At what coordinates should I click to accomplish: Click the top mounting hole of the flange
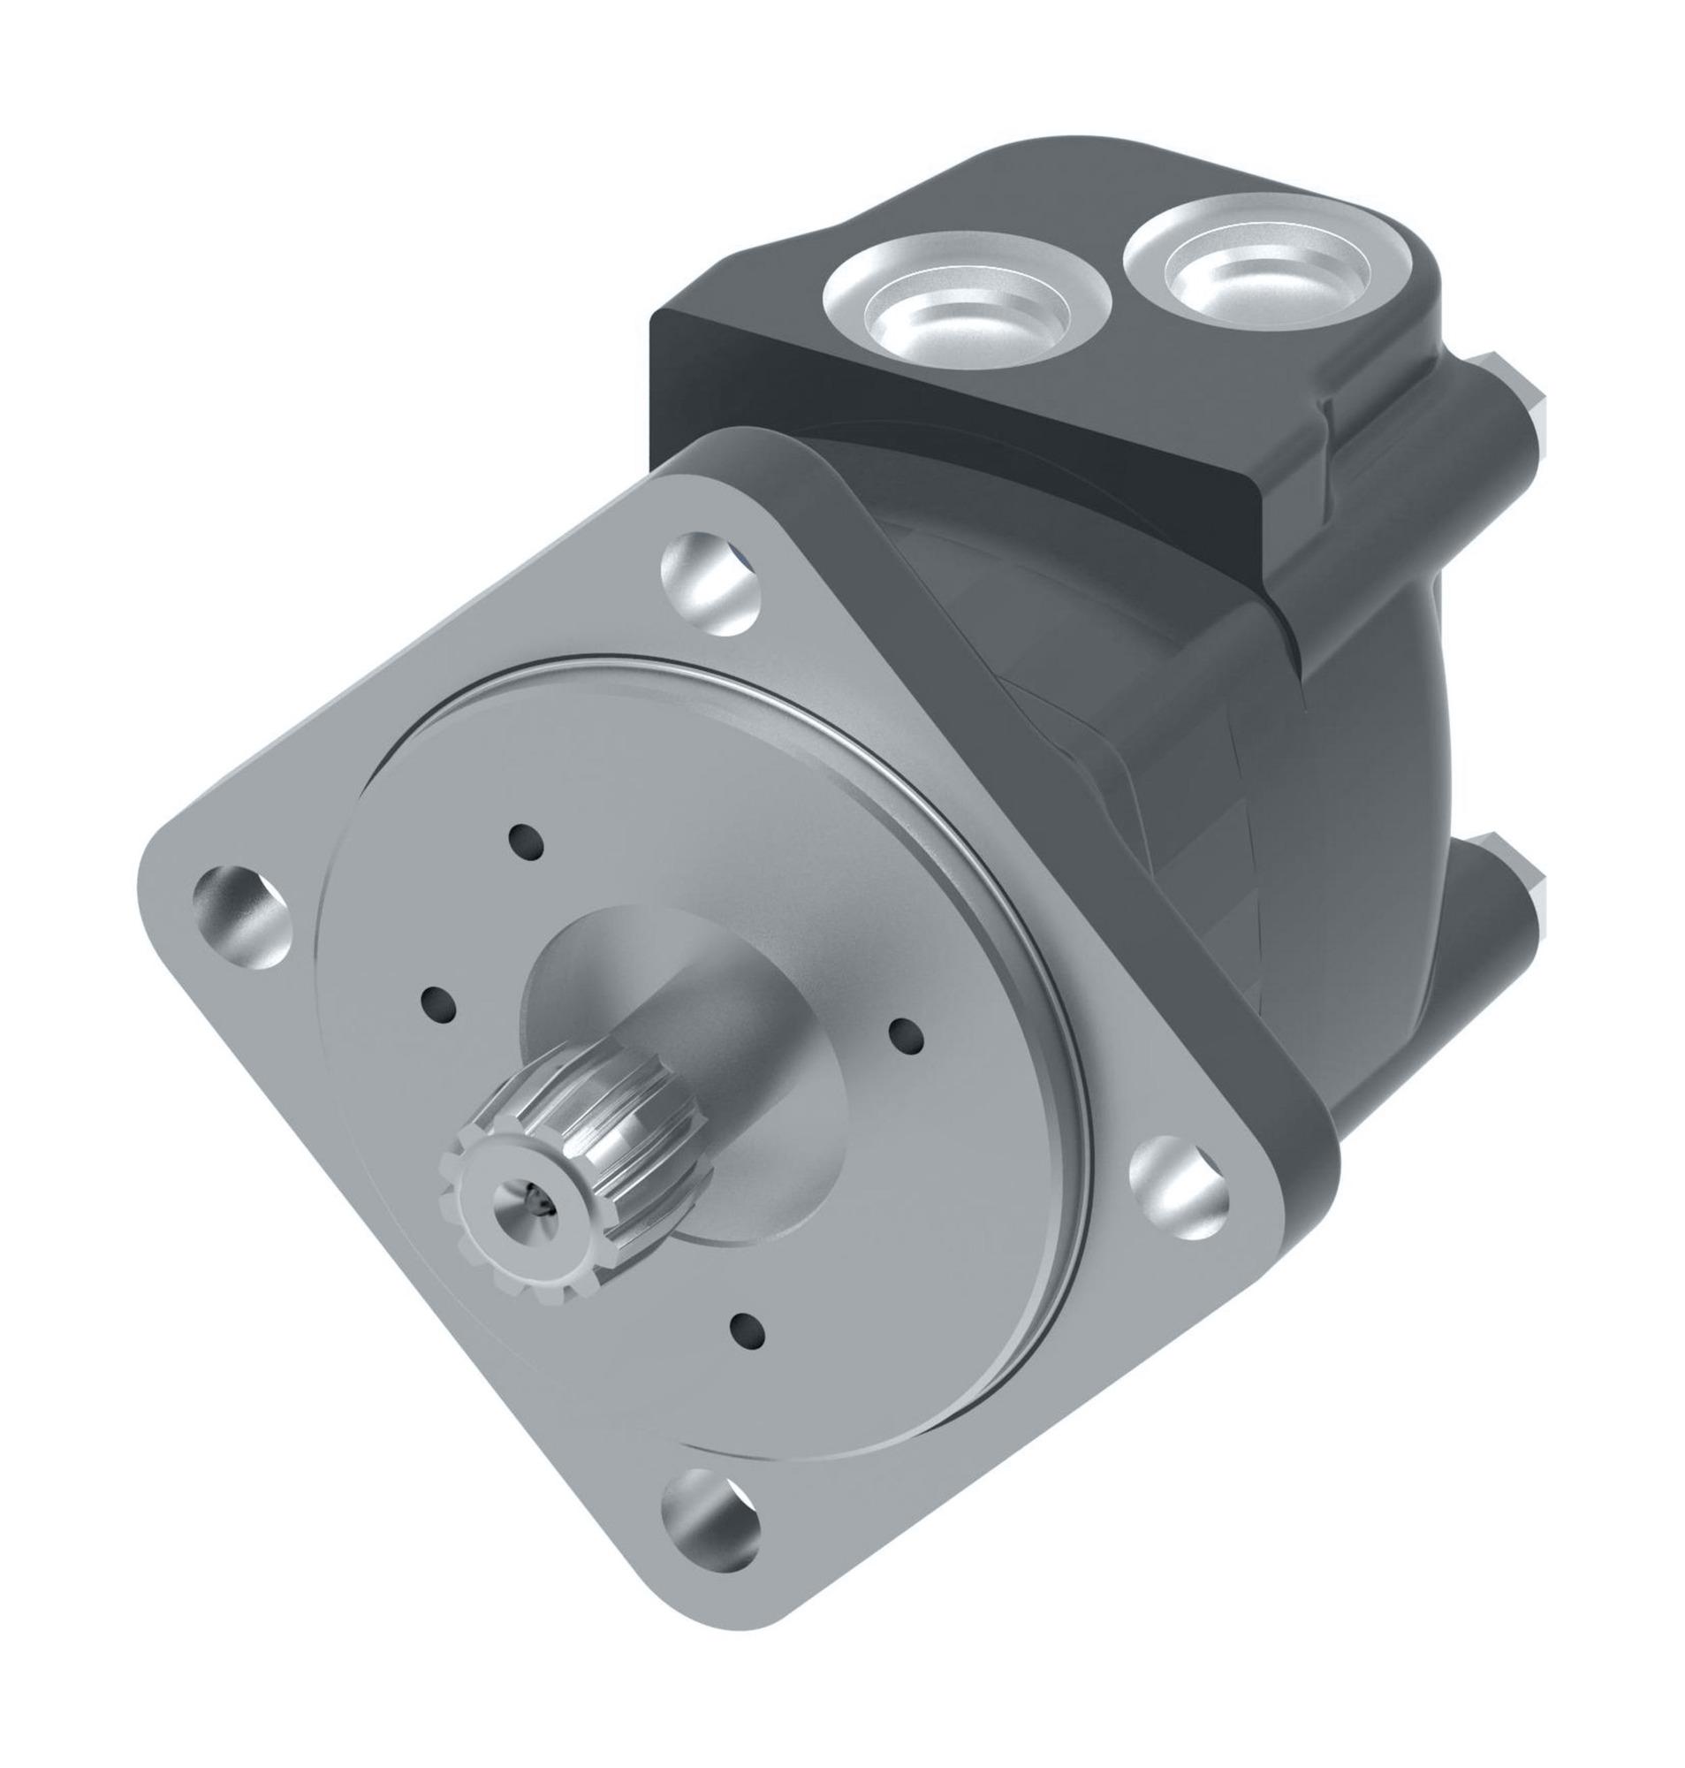coord(710,585)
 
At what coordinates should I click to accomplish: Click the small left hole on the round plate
coord(437,1003)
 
